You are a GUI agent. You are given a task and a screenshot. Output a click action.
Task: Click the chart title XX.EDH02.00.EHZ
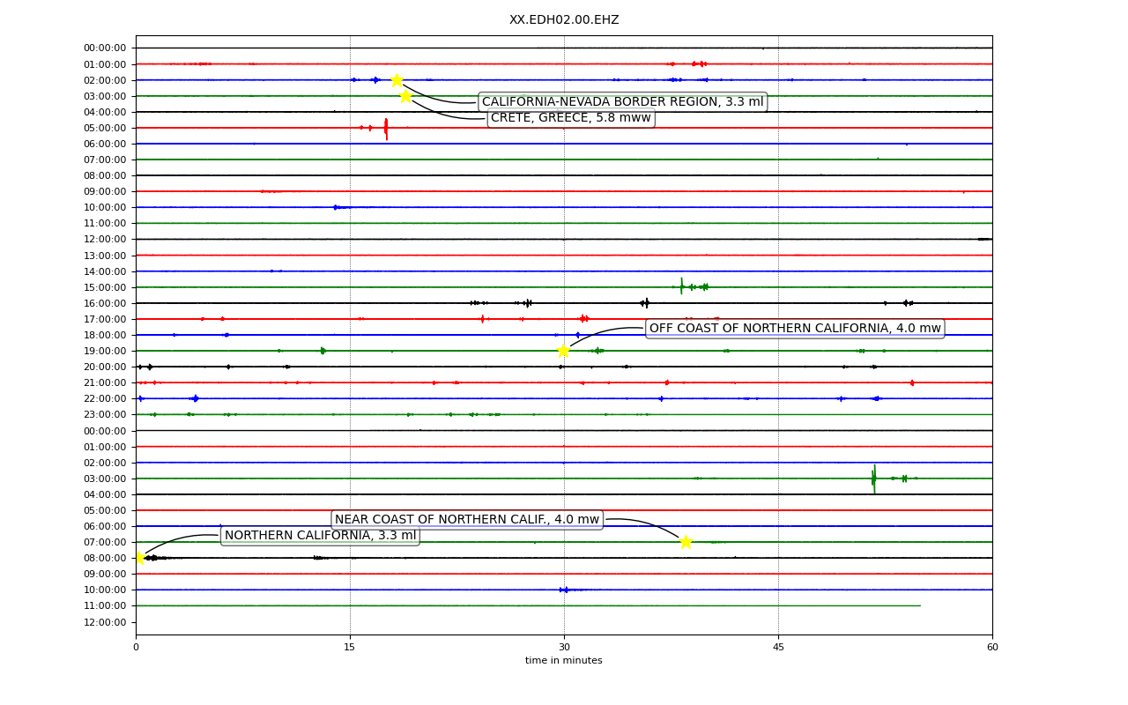564,19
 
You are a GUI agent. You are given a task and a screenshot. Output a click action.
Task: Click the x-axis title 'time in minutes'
563,660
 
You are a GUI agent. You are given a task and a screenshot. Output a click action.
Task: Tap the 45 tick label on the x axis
778,647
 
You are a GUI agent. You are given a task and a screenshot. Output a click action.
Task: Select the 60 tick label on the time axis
992,647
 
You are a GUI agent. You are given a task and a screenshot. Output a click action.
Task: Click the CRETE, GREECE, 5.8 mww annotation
571,118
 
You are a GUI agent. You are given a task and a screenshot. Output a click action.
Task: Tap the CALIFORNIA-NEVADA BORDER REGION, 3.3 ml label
622,101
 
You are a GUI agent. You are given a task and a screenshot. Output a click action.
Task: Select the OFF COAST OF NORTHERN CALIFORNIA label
795,329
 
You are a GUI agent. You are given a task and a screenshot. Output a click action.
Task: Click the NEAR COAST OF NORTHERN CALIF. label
467,519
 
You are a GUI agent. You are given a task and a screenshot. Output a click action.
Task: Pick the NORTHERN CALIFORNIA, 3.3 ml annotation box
320,535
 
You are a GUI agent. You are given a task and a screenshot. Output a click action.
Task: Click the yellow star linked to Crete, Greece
406,96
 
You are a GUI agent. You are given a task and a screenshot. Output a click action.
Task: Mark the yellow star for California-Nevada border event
397,80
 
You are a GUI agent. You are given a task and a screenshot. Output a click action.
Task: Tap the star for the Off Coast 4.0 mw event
563,351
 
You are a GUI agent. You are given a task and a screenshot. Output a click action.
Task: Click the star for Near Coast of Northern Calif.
686,542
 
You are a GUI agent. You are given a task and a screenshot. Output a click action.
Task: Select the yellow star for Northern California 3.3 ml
140,558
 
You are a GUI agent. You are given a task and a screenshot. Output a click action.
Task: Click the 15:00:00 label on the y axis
105,287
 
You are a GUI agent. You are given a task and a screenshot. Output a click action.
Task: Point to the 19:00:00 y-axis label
105,351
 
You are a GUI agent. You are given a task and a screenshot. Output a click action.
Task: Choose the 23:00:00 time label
105,414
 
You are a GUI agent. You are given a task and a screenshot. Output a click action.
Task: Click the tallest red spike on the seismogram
386,129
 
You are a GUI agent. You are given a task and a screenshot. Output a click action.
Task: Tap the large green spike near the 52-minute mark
874,479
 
